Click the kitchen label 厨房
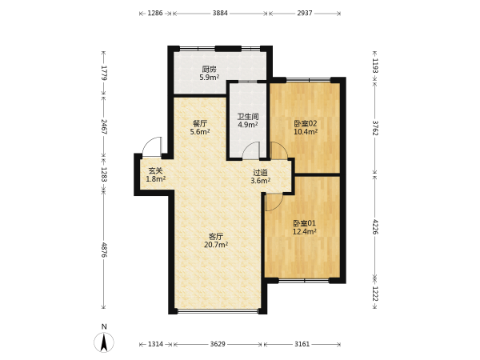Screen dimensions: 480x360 [209, 69]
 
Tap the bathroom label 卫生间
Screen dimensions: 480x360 [248, 117]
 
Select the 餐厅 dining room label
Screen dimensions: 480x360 [200, 124]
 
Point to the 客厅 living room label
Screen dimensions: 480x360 [216, 237]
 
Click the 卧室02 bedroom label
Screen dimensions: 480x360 [306, 124]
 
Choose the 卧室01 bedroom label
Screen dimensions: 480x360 [304, 223]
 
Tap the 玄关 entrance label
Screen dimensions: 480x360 [155, 171]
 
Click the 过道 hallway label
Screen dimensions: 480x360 [261, 173]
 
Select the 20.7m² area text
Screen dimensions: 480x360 [216, 245]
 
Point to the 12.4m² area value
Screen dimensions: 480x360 [304, 231]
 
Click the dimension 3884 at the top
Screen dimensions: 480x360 [220, 13]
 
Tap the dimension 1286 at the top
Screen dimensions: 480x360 [155, 13]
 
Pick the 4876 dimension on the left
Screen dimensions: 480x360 [104, 250]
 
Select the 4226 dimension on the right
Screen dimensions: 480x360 [375, 226]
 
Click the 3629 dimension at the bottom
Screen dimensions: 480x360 [218, 344]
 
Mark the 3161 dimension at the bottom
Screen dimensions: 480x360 [302, 344]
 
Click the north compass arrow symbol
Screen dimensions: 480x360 [104, 342]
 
